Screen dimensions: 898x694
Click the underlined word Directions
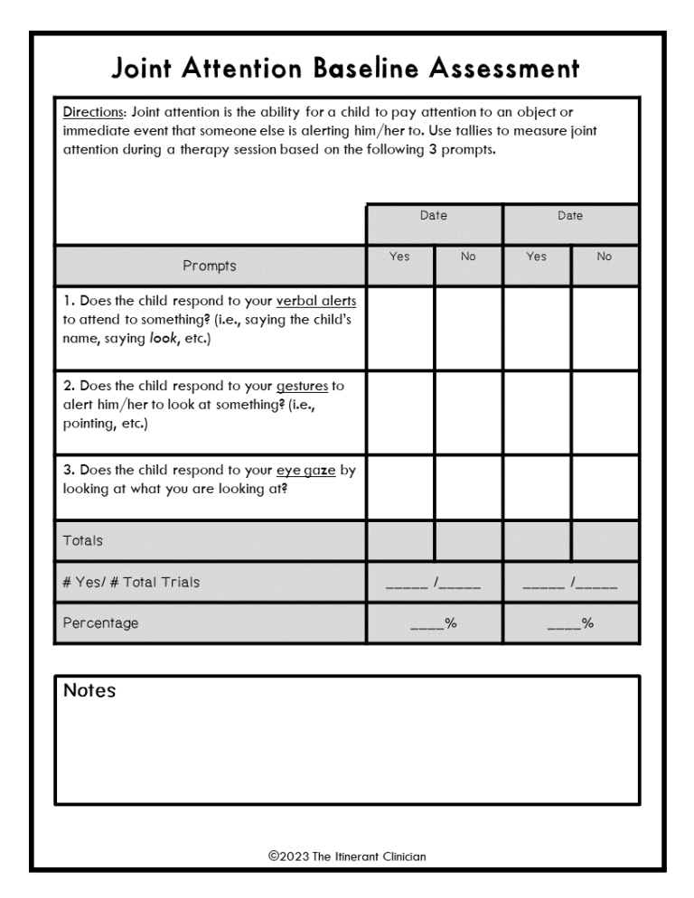[95, 113]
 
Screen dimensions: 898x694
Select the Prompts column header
[210, 266]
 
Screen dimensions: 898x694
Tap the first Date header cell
[433, 216]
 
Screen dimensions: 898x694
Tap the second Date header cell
[570, 216]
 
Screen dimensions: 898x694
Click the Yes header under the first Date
[399, 257]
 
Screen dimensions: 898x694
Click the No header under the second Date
[605, 257]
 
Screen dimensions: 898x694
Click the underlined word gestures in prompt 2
[303, 386]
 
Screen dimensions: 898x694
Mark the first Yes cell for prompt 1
[399, 328]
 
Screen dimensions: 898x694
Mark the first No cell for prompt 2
[468, 412]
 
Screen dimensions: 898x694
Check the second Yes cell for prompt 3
[537, 487]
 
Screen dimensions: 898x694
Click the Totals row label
[83, 540]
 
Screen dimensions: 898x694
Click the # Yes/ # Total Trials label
[131, 582]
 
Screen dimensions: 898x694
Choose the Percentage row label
[100, 623]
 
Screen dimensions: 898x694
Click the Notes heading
[89, 691]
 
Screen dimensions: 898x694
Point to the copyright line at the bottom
[347, 856]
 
